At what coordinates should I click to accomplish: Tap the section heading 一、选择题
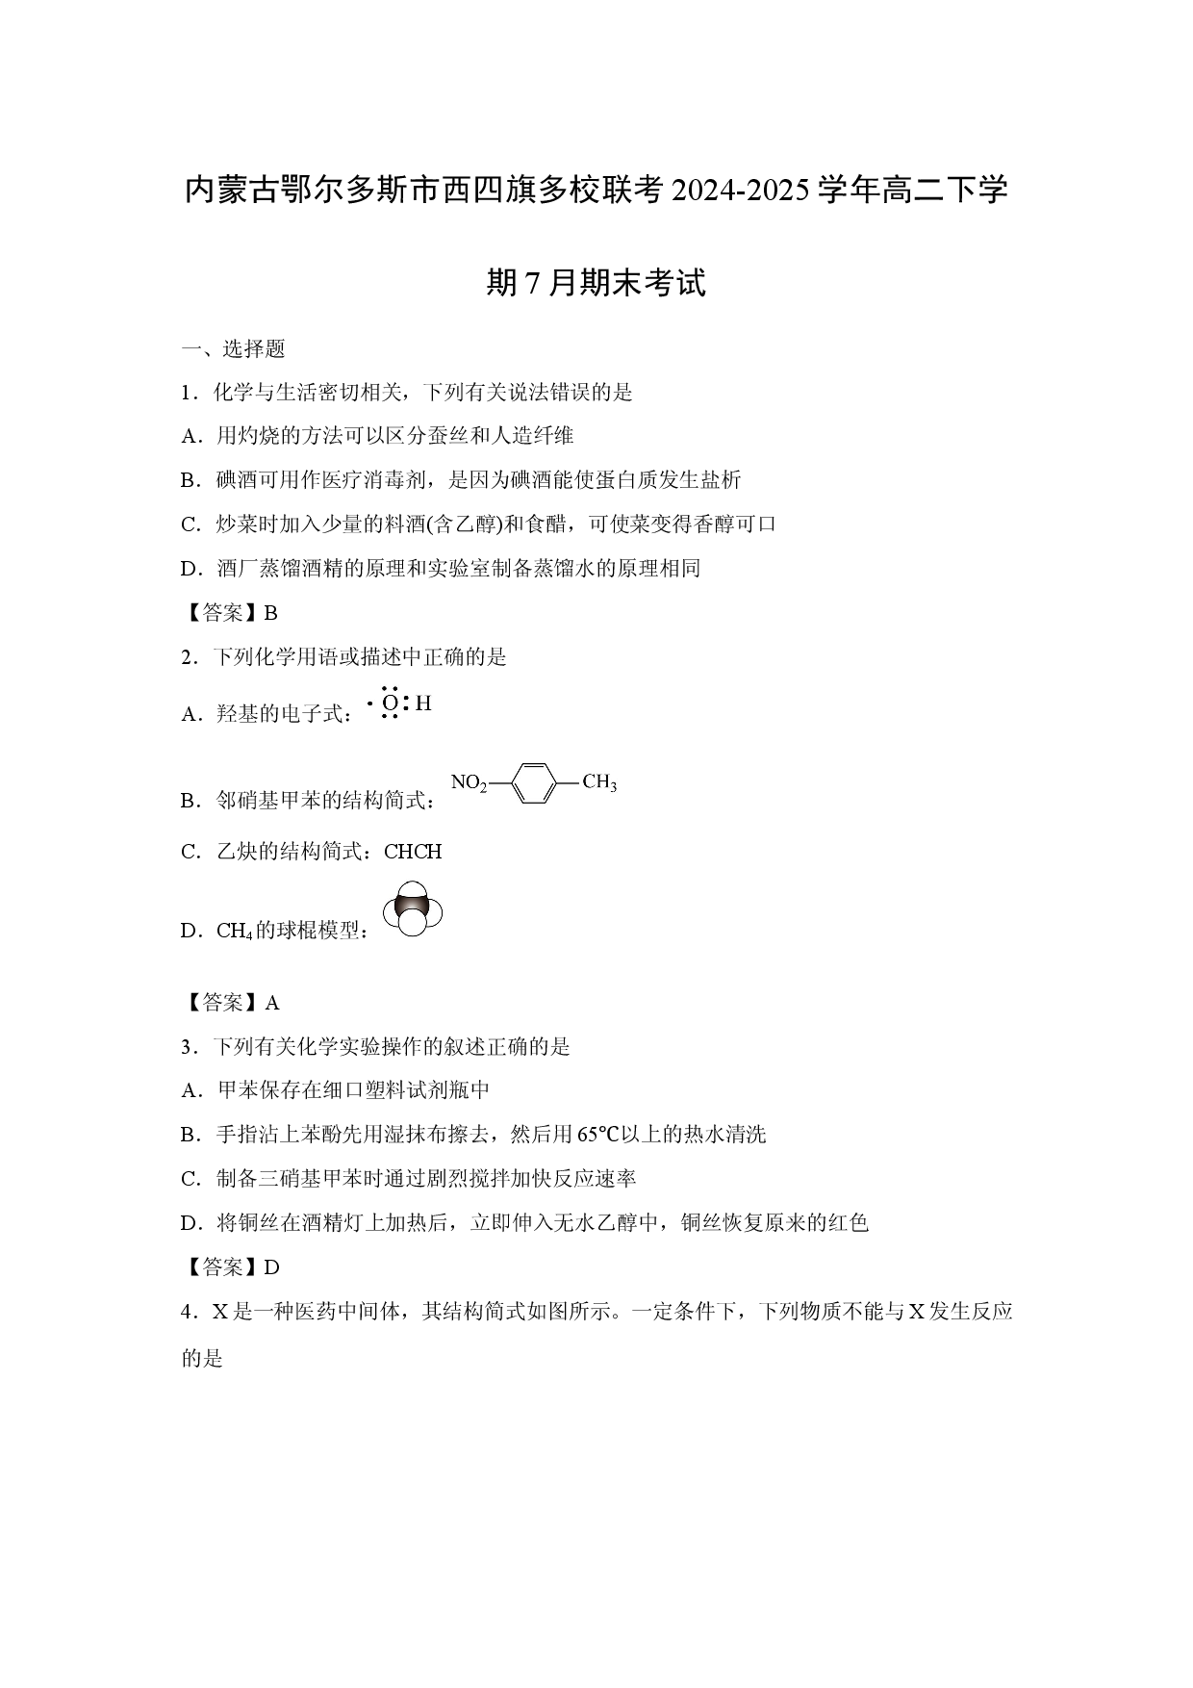(x=233, y=348)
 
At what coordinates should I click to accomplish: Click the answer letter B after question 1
(x=270, y=613)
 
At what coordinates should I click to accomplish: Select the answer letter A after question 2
(x=272, y=1003)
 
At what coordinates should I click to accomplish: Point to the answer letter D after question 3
(x=271, y=1267)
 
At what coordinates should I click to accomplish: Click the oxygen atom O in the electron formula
(x=390, y=703)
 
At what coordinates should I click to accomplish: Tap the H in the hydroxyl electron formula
(x=423, y=703)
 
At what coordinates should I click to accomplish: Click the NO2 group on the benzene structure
(x=470, y=782)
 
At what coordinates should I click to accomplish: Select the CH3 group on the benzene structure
(x=599, y=781)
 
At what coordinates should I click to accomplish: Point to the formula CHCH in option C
(x=413, y=852)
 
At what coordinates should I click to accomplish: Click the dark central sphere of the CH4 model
(x=412, y=908)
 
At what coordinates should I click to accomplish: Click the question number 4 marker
(x=187, y=1312)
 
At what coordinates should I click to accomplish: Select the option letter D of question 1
(x=189, y=569)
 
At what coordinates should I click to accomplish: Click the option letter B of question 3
(x=188, y=1135)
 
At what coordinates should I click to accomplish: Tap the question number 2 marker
(x=187, y=657)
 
